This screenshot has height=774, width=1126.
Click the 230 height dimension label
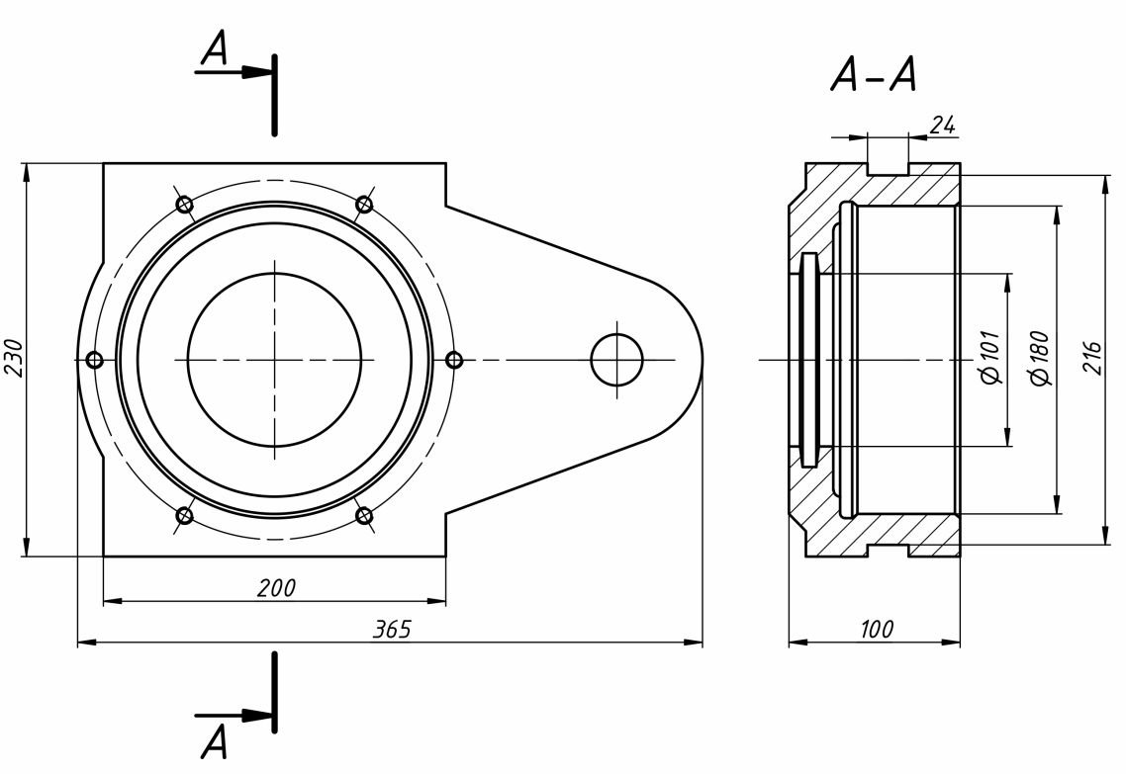(14, 357)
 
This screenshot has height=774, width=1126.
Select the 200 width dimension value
(276, 588)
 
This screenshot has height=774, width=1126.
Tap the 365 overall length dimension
(392, 630)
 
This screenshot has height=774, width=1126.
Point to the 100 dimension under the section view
(876, 629)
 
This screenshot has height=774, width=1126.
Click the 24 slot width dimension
(943, 125)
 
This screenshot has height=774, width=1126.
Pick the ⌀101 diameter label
(993, 358)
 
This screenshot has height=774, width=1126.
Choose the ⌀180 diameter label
(1039, 358)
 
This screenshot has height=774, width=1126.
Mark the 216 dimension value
(1091, 358)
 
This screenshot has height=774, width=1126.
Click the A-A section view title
(874, 75)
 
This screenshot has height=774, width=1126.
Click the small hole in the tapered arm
(616, 359)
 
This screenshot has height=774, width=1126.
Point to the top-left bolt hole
(184, 205)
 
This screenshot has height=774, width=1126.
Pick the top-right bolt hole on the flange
(364, 205)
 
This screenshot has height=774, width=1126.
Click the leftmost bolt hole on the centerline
(95, 360)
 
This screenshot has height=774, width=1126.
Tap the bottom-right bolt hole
(364, 515)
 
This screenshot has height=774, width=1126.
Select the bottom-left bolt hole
(184, 515)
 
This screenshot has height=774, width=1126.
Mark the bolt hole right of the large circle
(454, 360)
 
